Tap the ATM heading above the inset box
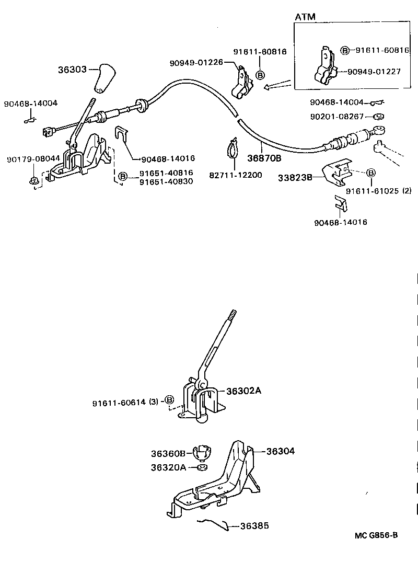[x=305, y=17]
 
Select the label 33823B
[x=295, y=178]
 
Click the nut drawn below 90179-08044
[x=34, y=181]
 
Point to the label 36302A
[x=243, y=391]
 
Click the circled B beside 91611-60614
[x=169, y=400]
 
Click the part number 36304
[x=281, y=451]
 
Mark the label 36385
[x=254, y=525]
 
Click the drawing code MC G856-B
[x=376, y=535]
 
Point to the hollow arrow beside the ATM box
[x=277, y=84]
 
